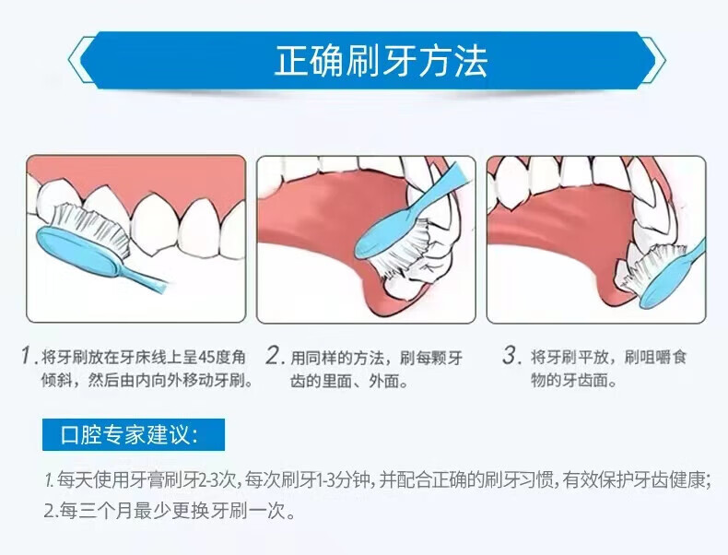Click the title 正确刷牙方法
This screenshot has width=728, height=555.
[x=381, y=61]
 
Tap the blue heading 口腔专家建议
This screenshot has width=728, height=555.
[x=129, y=435]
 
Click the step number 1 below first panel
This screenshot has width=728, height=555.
[x=27, y=356]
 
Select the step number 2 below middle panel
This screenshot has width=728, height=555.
[x=275, y=356]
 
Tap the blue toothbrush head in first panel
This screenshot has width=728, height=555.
[x=79, y=251]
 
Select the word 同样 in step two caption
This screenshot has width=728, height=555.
[x=322, y=358]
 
